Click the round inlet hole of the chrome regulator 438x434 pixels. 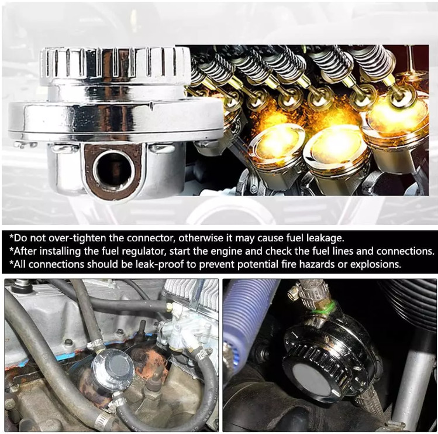114,170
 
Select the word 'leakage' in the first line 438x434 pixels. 325,238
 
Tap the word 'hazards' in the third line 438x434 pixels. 317,264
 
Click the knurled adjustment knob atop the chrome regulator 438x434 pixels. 115,63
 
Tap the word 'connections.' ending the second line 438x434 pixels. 405,251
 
